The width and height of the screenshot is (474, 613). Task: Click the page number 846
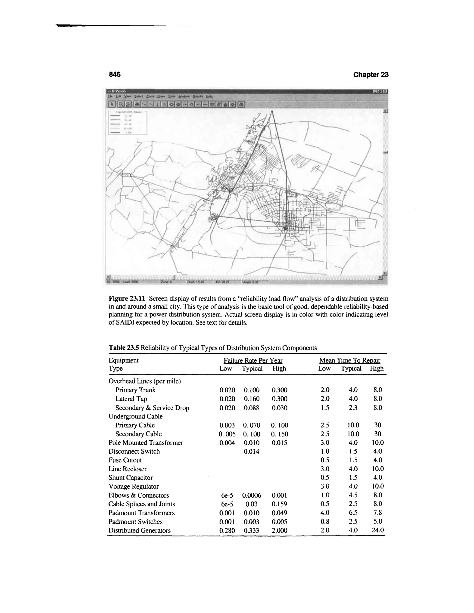click(x=115, y=74)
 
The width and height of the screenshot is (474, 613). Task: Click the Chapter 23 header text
click(x=371, y=75)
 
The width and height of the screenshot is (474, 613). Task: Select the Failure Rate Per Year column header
click(x=253, y=360)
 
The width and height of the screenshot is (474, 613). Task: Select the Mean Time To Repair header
click(x=350, y=360)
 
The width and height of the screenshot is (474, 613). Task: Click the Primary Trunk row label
click(x=135, y=390)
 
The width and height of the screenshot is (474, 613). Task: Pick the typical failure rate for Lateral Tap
click(x=251, y=399)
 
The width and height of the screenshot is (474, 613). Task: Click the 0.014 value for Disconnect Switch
click(x=251, y=451)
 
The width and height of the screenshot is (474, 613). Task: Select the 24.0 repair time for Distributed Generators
click(x=377, y=530)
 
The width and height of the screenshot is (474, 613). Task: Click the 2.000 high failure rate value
click(x=279, y=530)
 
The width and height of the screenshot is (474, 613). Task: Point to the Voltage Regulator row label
click(x=134, y=486)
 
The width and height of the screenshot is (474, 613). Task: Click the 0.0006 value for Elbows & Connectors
click(x=251, y=495)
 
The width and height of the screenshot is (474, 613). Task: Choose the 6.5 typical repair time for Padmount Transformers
click(x=353, y=513)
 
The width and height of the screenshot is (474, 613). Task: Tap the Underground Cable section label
click(x=135, y=416)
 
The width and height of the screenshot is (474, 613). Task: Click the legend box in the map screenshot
click(x=128, y=123)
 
